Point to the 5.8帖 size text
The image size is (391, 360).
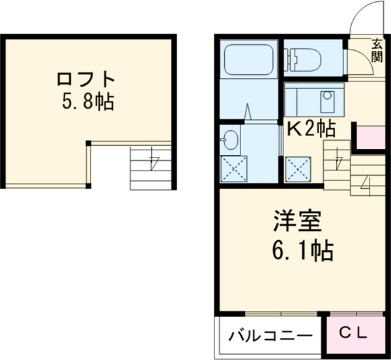pyautogui.click(x=87, y=102)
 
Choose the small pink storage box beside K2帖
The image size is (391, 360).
pyautogui.click(x=369, y=137)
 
